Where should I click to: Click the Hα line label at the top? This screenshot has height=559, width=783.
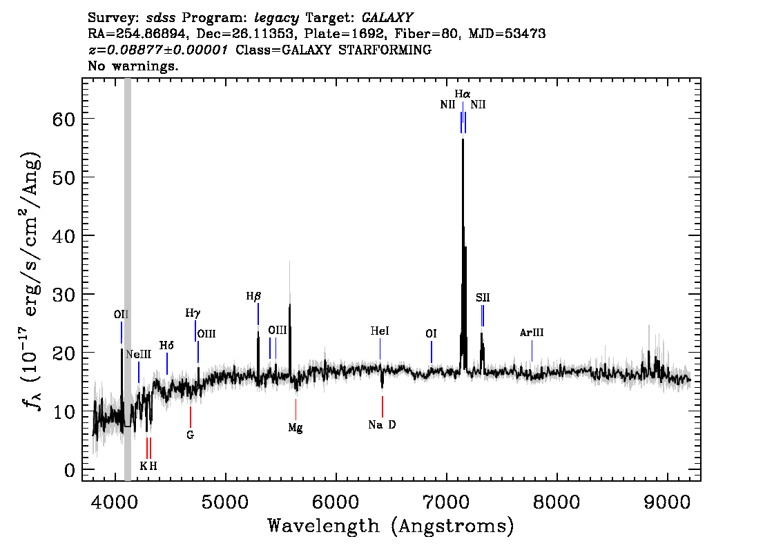[x=463, y=94]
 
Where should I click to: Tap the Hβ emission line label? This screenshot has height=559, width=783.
[x=253, y=297]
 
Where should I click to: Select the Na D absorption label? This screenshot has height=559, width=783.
[x=382, y=424]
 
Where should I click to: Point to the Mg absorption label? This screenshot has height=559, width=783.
[x=296, y=429]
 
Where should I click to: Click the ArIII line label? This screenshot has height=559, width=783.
[x=532, y=333]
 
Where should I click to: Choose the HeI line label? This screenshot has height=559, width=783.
[x=380, y=331]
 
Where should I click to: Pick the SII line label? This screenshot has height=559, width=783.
[x=483, y=298]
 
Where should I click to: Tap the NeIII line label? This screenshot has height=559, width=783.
[x=138, y=354]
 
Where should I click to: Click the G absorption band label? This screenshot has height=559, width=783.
[x=191, y=435]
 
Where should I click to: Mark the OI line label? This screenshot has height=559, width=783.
[x=431, y=333]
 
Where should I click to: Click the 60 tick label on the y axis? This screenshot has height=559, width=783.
[x=64, y=119]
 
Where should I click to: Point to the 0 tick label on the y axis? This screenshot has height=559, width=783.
[x=70, y=470]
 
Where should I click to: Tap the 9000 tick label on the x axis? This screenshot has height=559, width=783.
[x=666, y=502]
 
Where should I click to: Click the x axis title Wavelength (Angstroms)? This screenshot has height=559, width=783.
[x=391, y=526]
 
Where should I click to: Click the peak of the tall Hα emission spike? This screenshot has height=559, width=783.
[x=463, y=139]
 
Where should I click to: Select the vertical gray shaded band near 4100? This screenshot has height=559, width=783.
[x=127, y=279]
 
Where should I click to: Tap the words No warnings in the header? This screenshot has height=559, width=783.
[x=133, y=66]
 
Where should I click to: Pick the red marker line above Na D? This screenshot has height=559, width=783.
[x=383, y=406]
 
